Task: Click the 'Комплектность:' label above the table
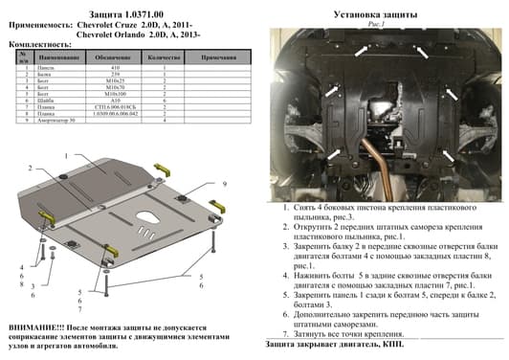click(36, 45)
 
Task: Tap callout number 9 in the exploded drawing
click(225, 182)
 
